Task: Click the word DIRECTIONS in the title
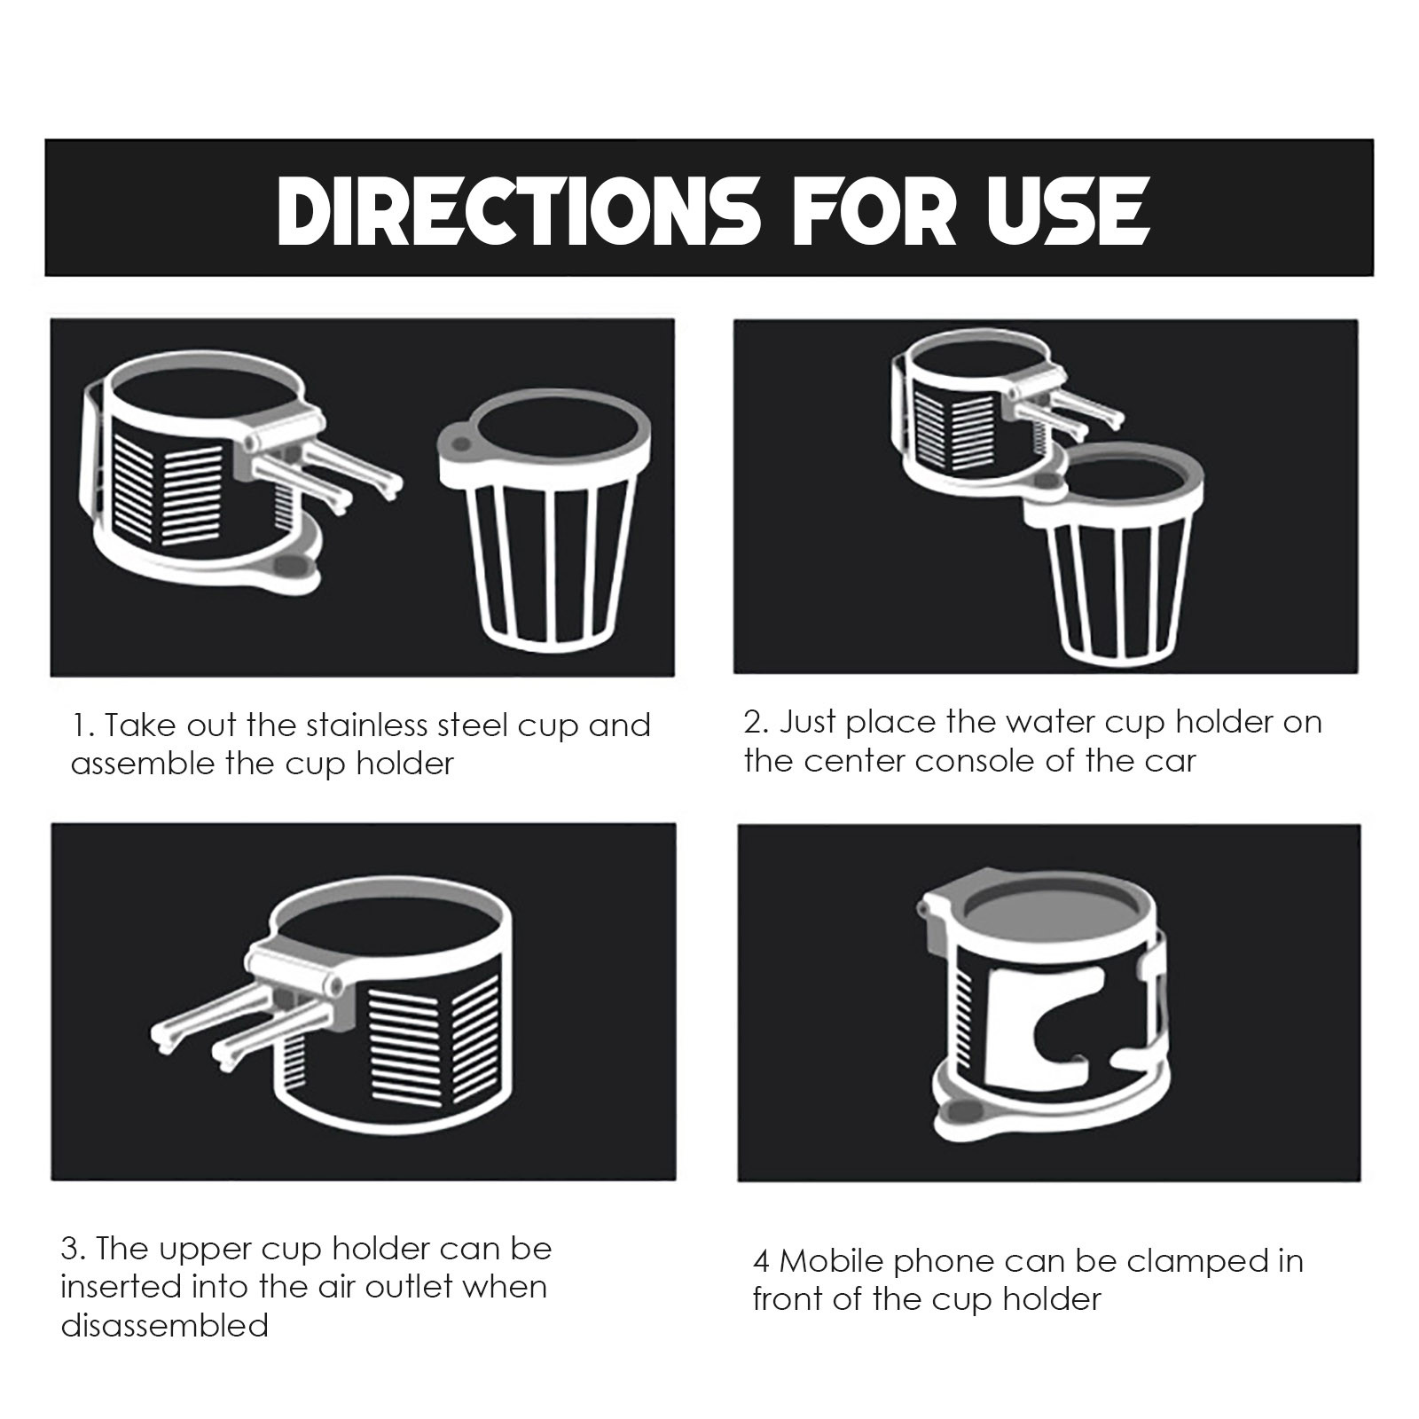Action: click(x=518, y=210)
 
